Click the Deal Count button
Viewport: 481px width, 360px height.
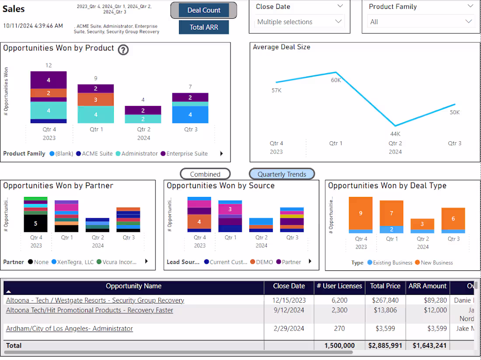tap(204, 10)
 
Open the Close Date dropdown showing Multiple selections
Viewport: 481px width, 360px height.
tap(300, 22)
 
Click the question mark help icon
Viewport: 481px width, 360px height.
tap(123, 50)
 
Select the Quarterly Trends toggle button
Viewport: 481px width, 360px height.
tap(282, 174)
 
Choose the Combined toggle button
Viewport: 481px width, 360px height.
tap(205, 174)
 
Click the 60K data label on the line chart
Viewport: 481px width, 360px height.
tap(336, 80)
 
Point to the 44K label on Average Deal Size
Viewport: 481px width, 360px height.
tap(395, 134)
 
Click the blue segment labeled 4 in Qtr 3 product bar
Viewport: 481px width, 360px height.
tap(190, 115)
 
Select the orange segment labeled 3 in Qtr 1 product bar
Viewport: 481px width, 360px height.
tap(95, 99)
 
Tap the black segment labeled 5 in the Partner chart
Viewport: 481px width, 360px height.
tap(35, 223)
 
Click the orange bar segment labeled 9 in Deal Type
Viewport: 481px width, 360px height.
tap(360, 213)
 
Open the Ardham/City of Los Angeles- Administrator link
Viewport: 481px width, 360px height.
tap(70, 329)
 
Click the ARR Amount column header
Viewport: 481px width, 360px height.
tap(427, 286)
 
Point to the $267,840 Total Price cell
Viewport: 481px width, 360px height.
tap(385, 301)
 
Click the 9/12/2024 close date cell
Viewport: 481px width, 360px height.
tap(289, 310)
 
